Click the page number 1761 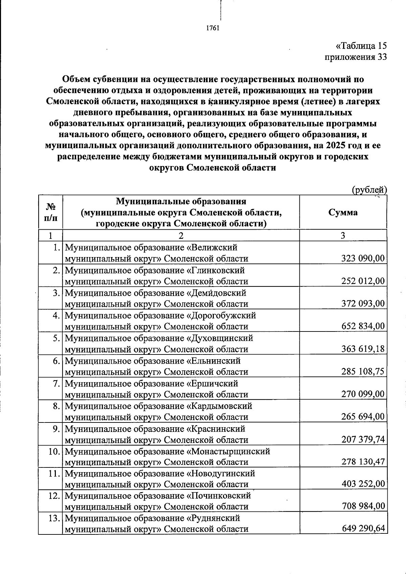pos(213,28)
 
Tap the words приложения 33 pos(356,57)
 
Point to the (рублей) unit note pos(369,190)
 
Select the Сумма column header pos(343,212)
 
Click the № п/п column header pos(50,212)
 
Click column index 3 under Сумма pos(343,235)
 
